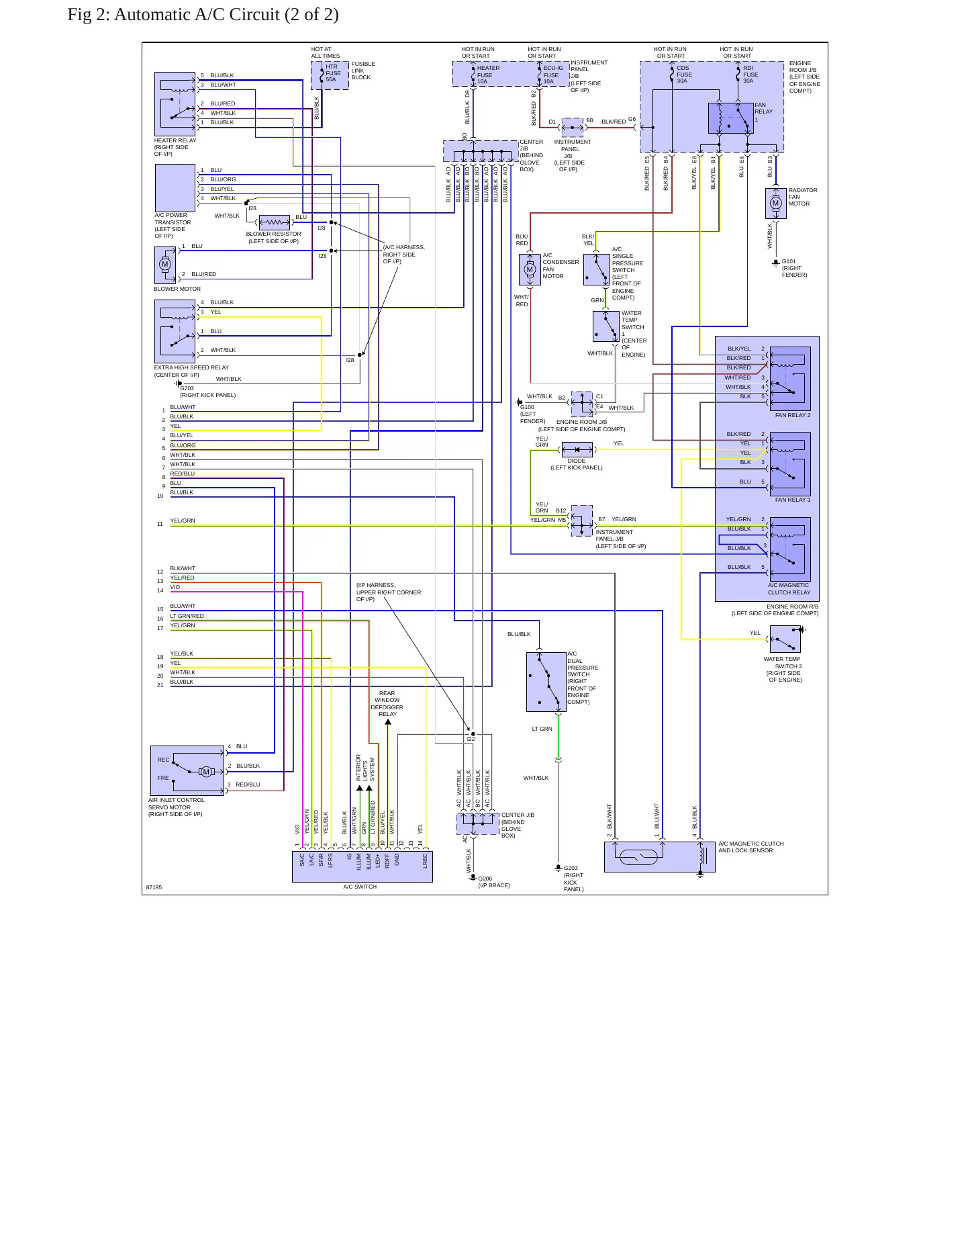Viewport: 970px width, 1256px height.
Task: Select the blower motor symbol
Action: (x=165, y=265)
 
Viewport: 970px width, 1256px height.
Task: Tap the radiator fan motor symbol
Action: (x=775, y=203)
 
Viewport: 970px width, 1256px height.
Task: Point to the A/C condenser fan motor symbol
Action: (x=530, y=270)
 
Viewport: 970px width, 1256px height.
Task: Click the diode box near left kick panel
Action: (x=577, y=449)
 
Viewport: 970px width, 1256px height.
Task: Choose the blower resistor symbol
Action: (x=274, y=222)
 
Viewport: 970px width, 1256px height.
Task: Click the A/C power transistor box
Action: (x=175, y=187)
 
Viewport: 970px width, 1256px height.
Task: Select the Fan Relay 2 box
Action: (x=790, y=379)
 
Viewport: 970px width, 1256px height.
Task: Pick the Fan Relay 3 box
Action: (x=790, y=464)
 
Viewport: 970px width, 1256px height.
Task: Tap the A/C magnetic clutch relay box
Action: (x=790, y=549)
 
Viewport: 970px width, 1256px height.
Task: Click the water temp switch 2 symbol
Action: (x=785, y=639)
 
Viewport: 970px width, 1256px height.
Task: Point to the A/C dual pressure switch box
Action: (x=546, y=682)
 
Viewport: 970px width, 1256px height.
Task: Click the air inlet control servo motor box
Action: (x=187, y=770)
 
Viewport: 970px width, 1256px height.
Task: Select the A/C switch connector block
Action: (x=362, y=866)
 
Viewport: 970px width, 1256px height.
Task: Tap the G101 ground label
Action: (x=789, y=261)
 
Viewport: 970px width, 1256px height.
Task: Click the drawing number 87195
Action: (x=154, y=887)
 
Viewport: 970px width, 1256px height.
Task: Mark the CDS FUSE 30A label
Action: (x=683, y=74)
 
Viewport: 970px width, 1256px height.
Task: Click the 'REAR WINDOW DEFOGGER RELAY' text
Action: (x=387, y=703)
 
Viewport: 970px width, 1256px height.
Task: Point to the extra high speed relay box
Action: (x=175, y=331)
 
